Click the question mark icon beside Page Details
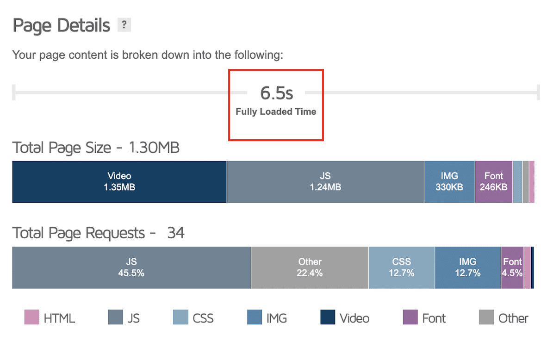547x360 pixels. (x=124, y=25)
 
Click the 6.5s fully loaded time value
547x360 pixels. (x=276, y=93)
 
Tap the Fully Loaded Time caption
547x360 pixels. (x=276, y=112)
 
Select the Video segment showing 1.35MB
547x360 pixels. (x=119, y=182)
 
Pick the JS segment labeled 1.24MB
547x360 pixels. (x=325, y=182)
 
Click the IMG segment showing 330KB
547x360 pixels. (x=449, y=182)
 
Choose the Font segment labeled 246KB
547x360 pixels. (x=494, y=182)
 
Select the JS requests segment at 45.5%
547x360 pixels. (x=131, y=267)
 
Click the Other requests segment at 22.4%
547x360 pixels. (x=310, y=267)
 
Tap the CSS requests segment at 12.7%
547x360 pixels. (x=401, y=267)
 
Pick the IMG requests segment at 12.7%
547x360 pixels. (x=467, y=267)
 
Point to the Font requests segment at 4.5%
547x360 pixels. (x=512, y=267)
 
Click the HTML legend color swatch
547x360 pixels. (x=31, y=317)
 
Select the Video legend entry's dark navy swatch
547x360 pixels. (x=328, y=317)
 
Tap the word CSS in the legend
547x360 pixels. (x=203, y=318)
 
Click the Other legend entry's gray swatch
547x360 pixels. (x=486, y=317)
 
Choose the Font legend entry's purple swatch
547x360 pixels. (x=410, y=317)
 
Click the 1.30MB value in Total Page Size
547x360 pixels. (x=154, y=148)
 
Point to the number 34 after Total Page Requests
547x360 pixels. (x=176, y=233)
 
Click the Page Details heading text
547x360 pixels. (x=62, y=25)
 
